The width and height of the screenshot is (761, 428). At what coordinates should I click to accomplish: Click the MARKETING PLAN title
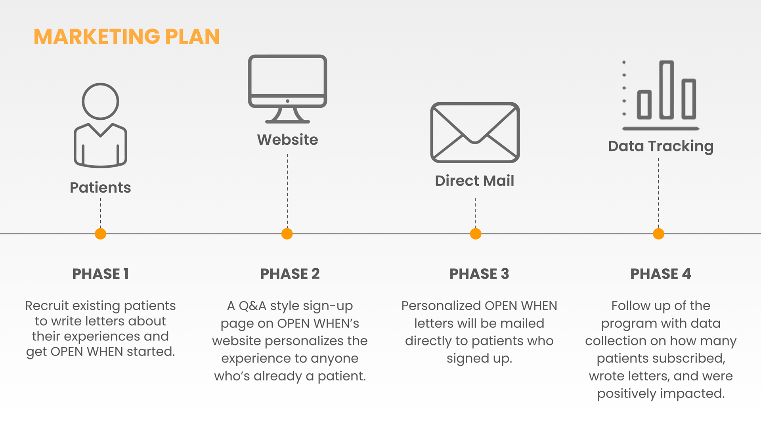click(x=126, y=36)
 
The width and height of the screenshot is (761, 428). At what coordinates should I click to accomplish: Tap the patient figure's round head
click(x=100, y=101)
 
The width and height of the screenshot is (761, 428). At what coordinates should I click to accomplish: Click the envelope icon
click(x=475, y=132)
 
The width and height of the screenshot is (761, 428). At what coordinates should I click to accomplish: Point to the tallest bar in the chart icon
click(x=666, y=90)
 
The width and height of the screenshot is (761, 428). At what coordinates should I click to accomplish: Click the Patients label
click(x=100, y=187)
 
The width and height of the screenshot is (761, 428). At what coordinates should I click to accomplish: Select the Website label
click(x=287, y=139)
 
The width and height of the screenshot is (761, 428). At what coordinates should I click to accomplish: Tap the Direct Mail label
click(x=474, y=181)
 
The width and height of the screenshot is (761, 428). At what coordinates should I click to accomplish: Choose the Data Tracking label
click(x=661, y=146)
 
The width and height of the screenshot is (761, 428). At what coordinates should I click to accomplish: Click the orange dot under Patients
click(x=101, y=234)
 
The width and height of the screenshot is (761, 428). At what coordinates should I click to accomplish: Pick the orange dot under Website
click(x=287, y=234)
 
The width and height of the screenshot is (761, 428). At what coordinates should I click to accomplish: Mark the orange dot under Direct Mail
click(x=476, y=234)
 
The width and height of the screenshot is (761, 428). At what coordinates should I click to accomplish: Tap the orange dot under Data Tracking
click(x=658, y=234)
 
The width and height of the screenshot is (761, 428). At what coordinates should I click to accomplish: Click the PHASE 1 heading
click(x=100, y=274)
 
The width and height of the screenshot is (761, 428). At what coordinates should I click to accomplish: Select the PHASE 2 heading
click(x=290, y=274)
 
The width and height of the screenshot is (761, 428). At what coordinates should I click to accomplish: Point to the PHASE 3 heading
click(x=479, y=274)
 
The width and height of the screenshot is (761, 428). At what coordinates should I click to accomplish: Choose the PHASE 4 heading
click(x=661, y=274)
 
